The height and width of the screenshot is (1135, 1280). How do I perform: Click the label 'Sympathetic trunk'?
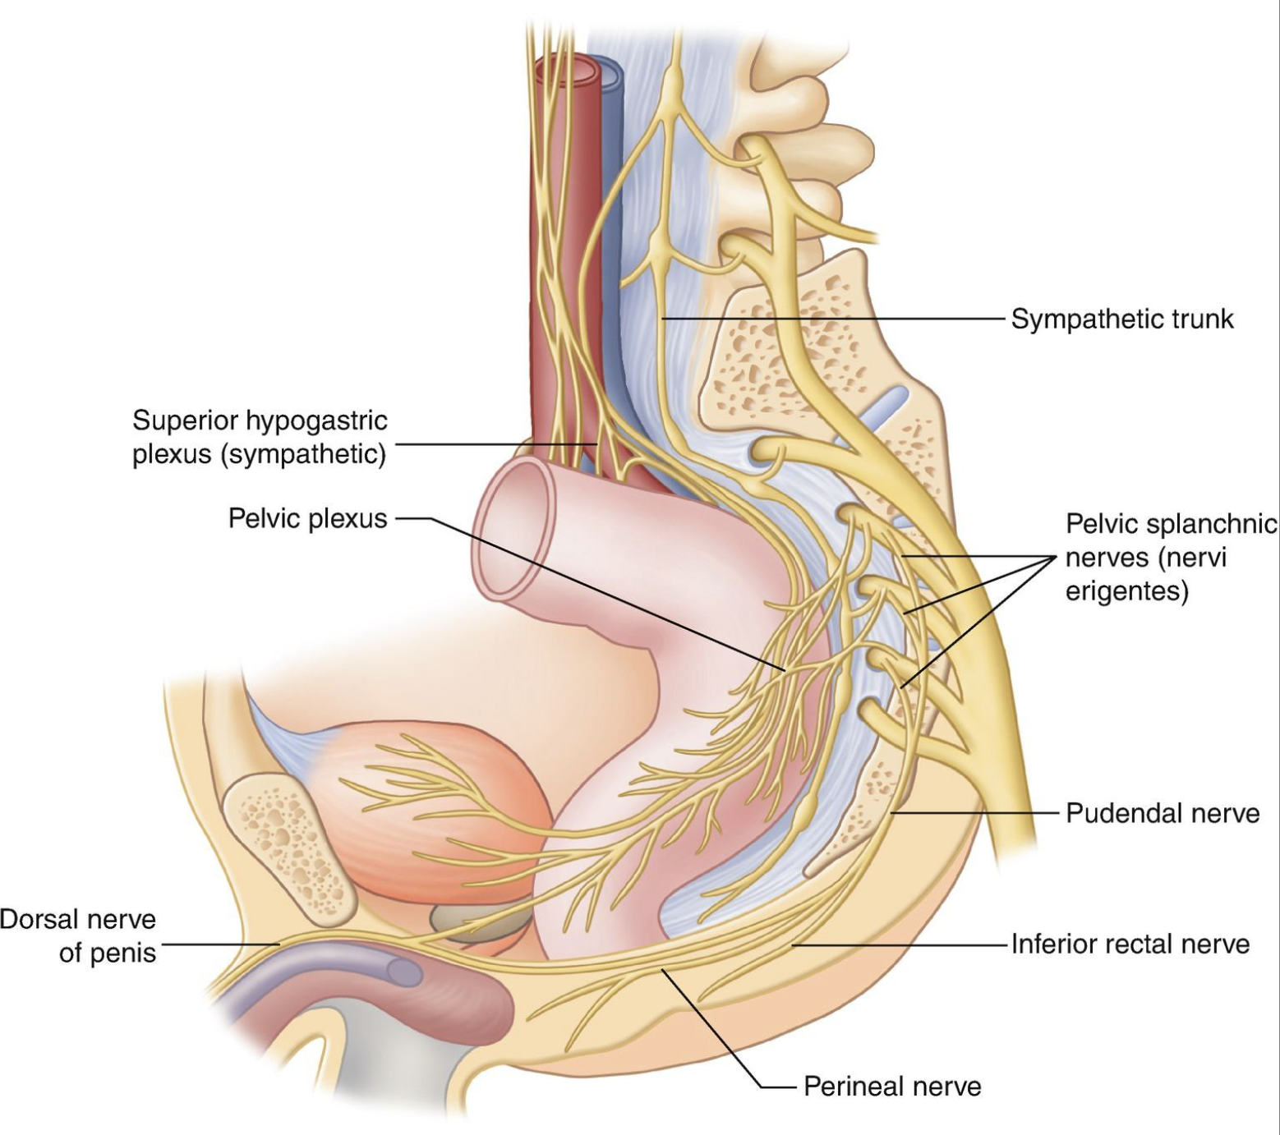pyautogui.click(x=1121, y=319)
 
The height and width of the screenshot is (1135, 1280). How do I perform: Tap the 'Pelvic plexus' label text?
pyautogui.click(x=307, y=518)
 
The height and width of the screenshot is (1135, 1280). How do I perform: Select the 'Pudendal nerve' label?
pyautogui.click(x=1162, y=813)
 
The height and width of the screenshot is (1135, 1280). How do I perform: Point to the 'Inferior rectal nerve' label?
pyautogui.click(x=1130, y=944)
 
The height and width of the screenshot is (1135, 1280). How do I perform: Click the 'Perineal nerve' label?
pyautogui.click(x=891, y=1087)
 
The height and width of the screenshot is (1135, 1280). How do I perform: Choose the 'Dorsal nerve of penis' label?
pyautogui.click(x=79, y=935)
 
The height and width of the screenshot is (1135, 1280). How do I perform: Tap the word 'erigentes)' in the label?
pyautogui.click(x=1126, y=591)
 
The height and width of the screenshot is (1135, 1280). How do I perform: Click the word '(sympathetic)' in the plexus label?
pyautogui.click(x=302, y=454)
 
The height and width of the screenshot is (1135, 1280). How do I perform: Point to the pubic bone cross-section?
pyautogui.click(x=288, y=846)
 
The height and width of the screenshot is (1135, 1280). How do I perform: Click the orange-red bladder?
pyautogui.click(x=444, y=805)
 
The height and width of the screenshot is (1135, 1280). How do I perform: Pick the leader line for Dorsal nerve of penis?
pyautogui.click(x=218, y=944)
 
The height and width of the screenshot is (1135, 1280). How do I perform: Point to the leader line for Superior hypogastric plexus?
pyautogui.click(x=493, y=444)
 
